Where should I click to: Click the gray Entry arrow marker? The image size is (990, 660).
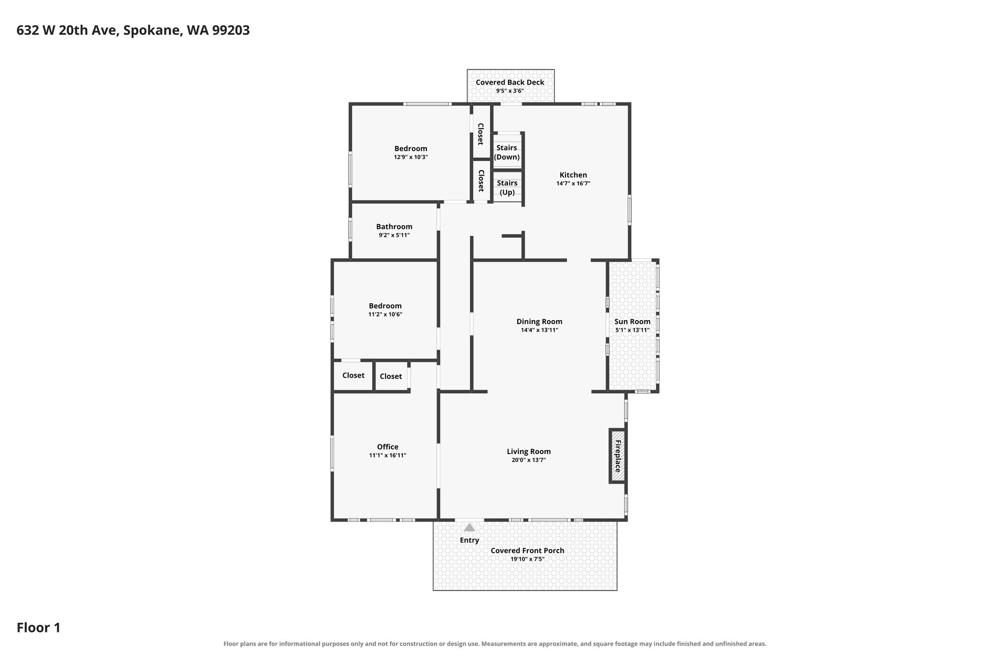point(469,527)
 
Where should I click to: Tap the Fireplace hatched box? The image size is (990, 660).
point(618,455)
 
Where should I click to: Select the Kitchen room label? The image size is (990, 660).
point(573,175)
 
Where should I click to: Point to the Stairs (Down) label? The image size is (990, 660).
point(507,152)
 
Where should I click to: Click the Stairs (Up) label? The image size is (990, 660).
point(507,188)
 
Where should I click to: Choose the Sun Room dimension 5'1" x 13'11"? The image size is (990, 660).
point(632,330)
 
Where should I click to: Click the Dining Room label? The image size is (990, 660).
point(539,322)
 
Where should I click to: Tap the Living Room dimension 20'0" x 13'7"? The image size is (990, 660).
point(529,460)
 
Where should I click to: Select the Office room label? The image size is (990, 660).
point(388,447)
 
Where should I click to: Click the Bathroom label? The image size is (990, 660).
point(394,227)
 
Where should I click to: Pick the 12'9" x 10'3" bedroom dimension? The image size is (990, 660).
point(411,157)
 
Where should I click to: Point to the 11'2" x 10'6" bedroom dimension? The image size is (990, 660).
point(385,314)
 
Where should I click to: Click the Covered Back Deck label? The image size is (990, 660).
point(510,82)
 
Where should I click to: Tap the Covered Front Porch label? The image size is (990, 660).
point(527,551)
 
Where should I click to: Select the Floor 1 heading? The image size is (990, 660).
point(39,628)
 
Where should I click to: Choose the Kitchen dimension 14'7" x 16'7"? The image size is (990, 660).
point(573,184)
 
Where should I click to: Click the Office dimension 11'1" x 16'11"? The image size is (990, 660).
point(388,455)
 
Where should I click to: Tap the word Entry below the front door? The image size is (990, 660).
point(469,541)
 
